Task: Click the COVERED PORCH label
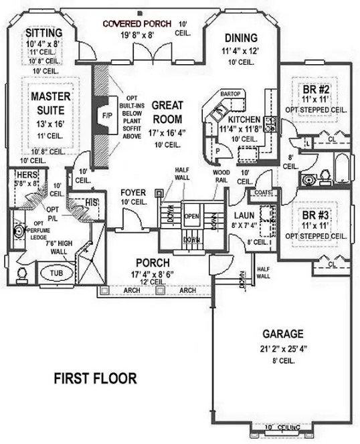[138, 24]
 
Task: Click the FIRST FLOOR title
[95, 378]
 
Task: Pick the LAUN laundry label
[242, 215]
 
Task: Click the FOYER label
[133, 193]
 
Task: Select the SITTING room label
[43, 33]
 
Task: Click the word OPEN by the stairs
[192, 216]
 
